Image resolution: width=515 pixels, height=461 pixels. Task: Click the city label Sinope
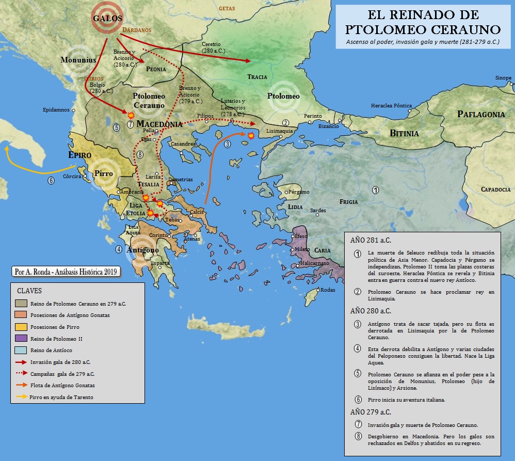[x=503, y=78]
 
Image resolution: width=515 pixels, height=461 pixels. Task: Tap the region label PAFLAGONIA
[x=481, y=114]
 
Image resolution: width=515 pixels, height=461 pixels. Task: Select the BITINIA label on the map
[x=404, y=133]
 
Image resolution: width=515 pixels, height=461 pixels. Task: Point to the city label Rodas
[x=328, y=290]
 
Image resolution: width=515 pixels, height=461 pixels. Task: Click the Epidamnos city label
[x=57, y=110]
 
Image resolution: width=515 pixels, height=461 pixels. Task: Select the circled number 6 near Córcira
[x=51, y=180]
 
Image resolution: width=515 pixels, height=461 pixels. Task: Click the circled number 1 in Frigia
[x=376, y=190]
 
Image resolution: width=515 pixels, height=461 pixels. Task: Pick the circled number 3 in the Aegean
[x=228, y=144]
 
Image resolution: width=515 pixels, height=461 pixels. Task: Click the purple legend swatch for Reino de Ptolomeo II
[x=22, y=339]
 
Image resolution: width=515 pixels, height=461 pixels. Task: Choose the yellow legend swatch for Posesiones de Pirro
[x=22, y=327]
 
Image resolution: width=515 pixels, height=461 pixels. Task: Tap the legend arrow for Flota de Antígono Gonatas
[x=22, y=385]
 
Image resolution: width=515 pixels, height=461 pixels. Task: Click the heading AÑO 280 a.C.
[x=371, y=311]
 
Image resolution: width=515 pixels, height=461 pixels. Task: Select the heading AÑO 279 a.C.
[x=371, y=412]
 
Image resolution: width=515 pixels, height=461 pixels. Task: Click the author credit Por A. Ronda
[x=67, y=271]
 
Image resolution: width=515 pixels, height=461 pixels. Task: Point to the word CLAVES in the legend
[x=29, y=291]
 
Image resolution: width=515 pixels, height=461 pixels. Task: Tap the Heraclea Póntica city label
[x=391, y=106]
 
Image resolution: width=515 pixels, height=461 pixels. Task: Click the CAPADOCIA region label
[x=496, y=189]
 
